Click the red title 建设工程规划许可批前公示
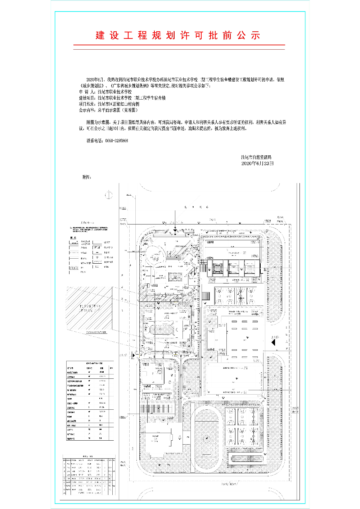click(x=178, y=35)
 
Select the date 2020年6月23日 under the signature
click(x=257, y=163)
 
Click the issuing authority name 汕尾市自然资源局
click(x=256, y=157)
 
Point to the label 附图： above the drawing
click(x=87, y=177)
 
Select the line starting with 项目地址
click(x=109, y=104)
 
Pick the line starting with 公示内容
click(x=108, y=110)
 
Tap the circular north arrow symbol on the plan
click(x=108, y=195)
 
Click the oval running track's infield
click(x=207, y=437)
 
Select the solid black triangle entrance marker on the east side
click(x=273, y=342)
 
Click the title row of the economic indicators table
click(x=90, y=363)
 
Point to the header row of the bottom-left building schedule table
click(x=89, y=460)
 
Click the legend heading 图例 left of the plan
click(x=73, y=238)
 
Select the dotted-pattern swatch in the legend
click(x=73, y=268)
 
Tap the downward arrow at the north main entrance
click(x=175, y=228)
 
